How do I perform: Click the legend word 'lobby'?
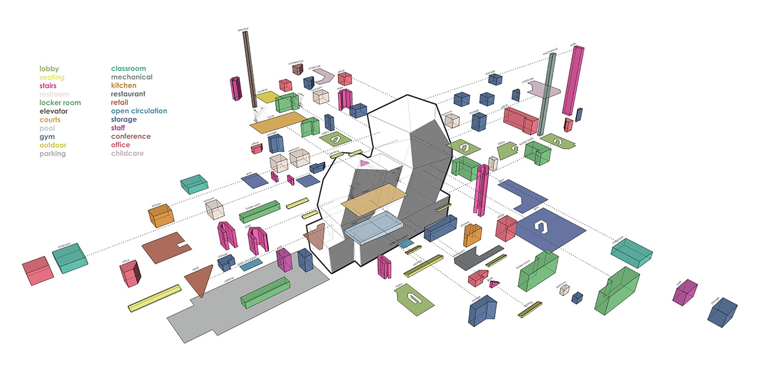[x=49, y=69]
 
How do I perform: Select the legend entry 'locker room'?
[x=60, y=103]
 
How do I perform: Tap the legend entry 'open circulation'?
[x=138, y=111]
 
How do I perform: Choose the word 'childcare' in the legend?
[x=127, y=153]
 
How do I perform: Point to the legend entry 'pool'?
[x=48, y=128]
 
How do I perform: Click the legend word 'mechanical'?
[x=131, y=78]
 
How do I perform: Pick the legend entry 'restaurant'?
[x=128, y=94]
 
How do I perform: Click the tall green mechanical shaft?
[x=546, y=95]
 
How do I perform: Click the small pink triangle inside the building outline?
[x=363, y=164]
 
